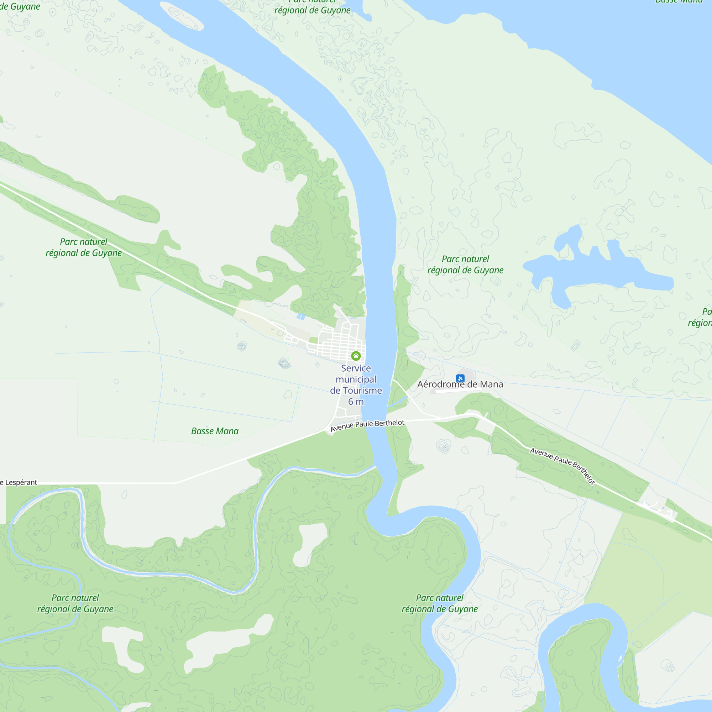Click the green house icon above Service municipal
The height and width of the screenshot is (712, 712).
pyautogui.click(x=356, y=356)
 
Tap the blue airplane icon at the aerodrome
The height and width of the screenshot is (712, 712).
pyautogui.click(x=460, y=378)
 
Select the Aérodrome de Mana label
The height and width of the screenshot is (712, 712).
pyautogui.click(x=460, y=384)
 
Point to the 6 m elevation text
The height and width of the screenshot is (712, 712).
pyautogui.click(x=356, y=402)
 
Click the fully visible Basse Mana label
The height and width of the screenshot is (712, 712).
pyautogui.click(x=215, y=431)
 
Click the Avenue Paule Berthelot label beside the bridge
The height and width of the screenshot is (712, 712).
pyautogui.click(x=367, y=426)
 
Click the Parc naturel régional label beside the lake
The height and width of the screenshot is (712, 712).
pyautogui.click(x=465, y=265)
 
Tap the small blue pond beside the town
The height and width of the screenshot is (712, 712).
pyautogui.click(x=301, y=316)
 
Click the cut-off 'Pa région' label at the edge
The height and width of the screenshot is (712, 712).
pyautogui.click(x=701, y=317)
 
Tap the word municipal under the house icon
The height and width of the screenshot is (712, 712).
pyautogui.click(x=356, y=379)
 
